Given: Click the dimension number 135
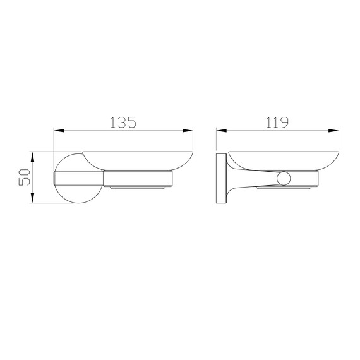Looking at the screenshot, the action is coord(124,123).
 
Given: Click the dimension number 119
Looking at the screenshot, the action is coord(277,123).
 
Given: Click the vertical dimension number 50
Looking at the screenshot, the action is coord(25,177).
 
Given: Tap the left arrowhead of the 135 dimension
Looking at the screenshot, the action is coord(59,131).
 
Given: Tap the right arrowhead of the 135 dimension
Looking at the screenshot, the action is coord(188,131).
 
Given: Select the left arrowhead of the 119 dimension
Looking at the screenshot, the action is coord(221,131).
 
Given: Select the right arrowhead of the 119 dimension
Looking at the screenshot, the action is coord(333,131).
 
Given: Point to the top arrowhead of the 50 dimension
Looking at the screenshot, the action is coord(33,157).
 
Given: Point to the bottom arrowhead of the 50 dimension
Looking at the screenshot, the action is coord(33,198).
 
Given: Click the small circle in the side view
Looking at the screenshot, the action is coord(284,178).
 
